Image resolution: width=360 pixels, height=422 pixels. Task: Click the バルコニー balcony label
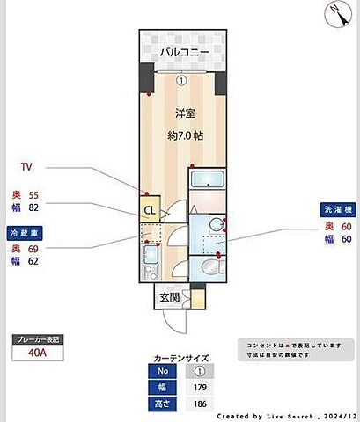pos(183,52)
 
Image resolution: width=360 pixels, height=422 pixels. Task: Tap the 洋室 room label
pos(183,113)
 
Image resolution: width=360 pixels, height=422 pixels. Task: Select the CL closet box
pos(150,210)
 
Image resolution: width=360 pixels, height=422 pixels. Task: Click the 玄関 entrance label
pos(170,298)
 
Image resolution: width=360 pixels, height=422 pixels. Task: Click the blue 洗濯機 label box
pos(336,211)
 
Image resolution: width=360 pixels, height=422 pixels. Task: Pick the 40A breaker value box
pos(36,354)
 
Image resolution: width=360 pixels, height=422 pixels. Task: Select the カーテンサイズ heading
pos(181,358)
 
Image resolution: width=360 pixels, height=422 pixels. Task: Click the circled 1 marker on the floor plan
pos(181,79)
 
